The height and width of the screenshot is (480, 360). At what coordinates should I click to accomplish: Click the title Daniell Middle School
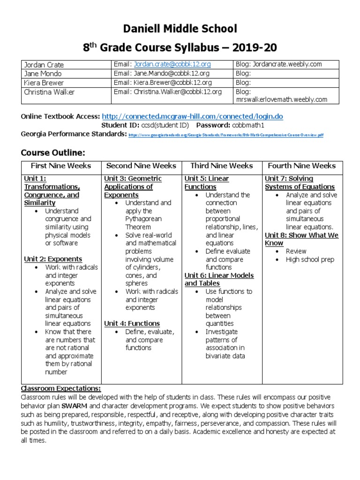click(x=180, y=29)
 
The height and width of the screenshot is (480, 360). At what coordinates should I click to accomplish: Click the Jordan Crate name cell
click(x=44, y=65)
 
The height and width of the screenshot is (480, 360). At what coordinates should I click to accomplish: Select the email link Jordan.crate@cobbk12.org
click(x=172, y=64)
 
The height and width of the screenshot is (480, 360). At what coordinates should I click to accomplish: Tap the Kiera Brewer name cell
click(x=44, y=82)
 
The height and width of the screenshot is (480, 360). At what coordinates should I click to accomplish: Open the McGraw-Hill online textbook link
click(x=192, y=116)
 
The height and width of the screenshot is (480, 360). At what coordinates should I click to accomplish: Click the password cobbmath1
click(x=247, y=125)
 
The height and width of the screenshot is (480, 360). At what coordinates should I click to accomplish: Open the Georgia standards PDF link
click(x=225, y=135)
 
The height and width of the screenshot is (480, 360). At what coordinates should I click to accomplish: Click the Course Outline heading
click(x=53, y=152)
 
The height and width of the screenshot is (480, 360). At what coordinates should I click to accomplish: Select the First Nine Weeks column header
click(x=61, y=166)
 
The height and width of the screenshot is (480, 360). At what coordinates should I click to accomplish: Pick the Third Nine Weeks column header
click(x=222, y=166)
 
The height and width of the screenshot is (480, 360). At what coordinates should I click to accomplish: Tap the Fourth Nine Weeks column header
click(x=302, y=166)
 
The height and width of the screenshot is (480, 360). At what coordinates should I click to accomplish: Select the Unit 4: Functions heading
click(x=132, y=323)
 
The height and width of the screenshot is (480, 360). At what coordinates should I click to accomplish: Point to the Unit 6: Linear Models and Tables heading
click(x=219, y=279)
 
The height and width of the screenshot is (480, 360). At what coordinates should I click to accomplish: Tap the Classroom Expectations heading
click(x=60, y=389)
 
